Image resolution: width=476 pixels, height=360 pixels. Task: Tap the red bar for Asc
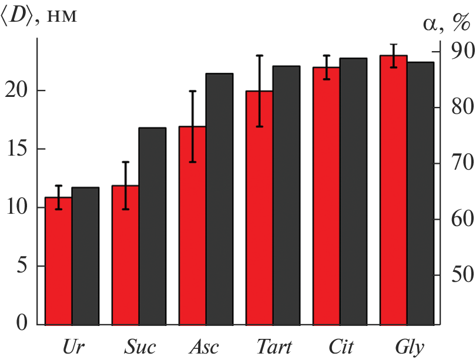point(193,226)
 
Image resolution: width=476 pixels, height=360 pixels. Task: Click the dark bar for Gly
point(420,193)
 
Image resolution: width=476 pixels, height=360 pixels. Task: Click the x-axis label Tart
point(274,347)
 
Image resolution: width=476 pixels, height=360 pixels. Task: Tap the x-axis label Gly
point(409,347)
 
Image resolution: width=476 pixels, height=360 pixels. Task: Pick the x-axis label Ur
point(73,347)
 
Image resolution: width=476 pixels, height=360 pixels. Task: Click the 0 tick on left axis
point(23,324)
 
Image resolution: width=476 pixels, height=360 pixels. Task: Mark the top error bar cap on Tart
point(260,55)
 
